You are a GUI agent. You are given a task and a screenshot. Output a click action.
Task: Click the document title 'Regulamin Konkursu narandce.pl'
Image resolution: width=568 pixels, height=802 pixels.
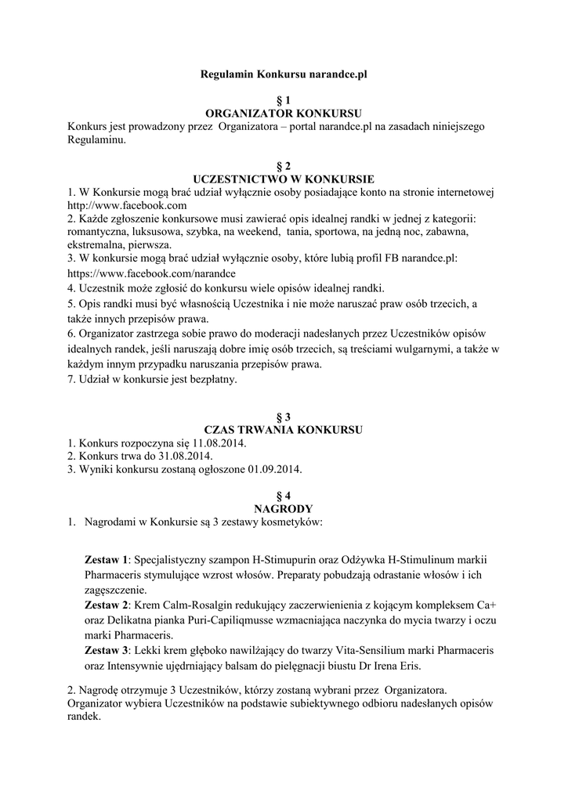point(284,74)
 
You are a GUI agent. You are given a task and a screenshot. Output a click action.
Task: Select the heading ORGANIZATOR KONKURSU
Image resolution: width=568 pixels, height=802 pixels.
point(284,113)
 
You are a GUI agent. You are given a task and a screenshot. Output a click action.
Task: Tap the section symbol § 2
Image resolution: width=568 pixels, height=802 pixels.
point(284,165)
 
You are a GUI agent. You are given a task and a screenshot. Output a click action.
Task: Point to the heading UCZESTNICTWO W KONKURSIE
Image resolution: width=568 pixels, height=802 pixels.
point(284,178)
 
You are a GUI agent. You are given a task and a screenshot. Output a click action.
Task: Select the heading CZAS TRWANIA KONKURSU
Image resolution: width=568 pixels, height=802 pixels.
point(284,430)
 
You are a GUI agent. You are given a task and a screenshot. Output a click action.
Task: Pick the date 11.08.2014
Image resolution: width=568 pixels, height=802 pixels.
point(216,443)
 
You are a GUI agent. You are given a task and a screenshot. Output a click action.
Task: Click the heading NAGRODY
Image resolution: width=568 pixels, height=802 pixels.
point(284,508)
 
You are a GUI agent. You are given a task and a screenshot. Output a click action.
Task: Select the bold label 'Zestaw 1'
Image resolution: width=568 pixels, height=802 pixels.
point(106,561)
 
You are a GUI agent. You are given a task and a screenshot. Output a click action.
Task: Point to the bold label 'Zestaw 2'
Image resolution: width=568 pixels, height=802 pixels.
point(106,605)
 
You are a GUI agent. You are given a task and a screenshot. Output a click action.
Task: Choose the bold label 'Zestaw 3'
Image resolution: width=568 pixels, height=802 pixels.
point(106,651)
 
